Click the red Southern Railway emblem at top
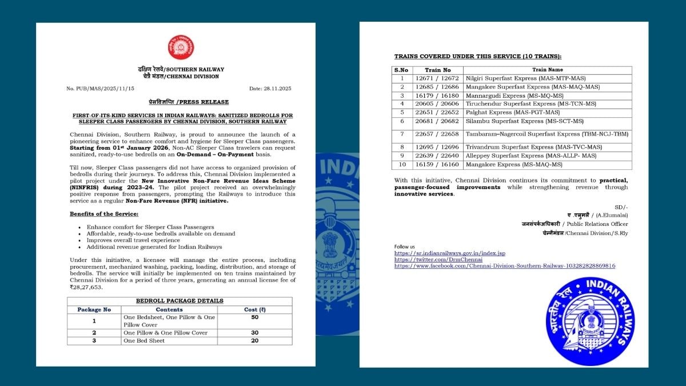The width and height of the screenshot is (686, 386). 181,48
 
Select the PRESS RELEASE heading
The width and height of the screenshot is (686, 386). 181,102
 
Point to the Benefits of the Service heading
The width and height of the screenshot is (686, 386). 103,213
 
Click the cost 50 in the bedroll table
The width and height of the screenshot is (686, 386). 254,317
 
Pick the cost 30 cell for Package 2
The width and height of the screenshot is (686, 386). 254,333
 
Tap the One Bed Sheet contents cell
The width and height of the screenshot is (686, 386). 144,341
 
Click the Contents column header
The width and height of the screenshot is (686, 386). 169,309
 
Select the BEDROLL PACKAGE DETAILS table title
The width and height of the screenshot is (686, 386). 180,301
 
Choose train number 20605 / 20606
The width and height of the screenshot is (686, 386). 439,104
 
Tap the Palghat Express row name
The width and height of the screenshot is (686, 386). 504,113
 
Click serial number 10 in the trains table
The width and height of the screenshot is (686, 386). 402,164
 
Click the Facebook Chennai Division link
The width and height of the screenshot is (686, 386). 505,266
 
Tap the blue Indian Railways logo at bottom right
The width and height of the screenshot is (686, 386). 591,321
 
